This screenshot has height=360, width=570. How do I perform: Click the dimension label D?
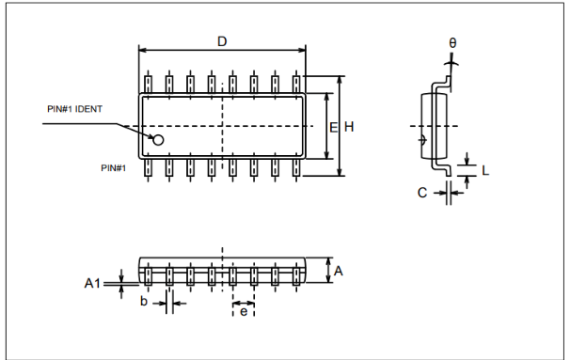pos(222,41)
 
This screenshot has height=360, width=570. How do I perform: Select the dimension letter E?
pos(333,127)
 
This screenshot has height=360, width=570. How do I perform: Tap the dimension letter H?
pos(349,127)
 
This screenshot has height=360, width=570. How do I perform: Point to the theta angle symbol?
pos(452,43)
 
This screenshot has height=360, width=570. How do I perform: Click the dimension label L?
pos(485,170)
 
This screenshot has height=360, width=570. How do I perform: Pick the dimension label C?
pos(422,193)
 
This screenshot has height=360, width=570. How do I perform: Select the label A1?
pos(92,283)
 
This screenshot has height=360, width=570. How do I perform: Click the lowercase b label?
pos(144,301)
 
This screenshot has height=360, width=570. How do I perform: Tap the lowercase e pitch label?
pos(244,312)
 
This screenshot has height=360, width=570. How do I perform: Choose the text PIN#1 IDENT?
pos(75,109)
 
